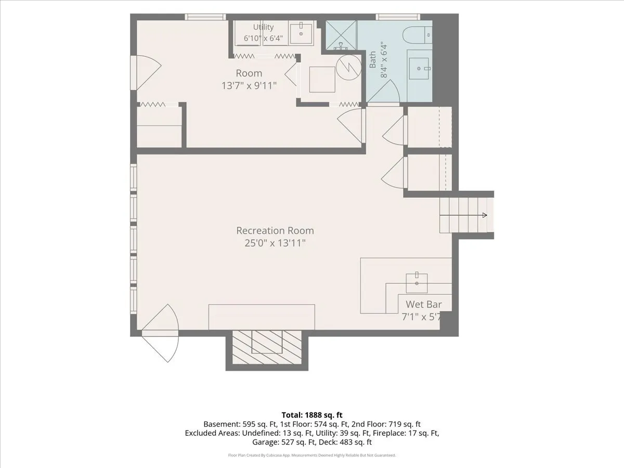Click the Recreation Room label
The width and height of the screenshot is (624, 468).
(275, 230)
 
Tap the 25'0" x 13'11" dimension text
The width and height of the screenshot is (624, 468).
(275, 243)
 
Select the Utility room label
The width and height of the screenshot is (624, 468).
(263, 27)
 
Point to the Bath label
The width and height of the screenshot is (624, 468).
(372, 60)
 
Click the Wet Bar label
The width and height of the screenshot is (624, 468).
(424, 304)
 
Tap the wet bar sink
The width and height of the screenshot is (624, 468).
(417, 283)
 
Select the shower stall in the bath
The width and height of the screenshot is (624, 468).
(341, 35)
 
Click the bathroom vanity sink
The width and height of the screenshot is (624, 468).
(419, 69)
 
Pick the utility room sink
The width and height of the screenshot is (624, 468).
(301, 33)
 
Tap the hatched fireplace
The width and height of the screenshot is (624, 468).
(267, 347)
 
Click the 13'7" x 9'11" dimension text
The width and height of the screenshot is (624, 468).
(249, 85)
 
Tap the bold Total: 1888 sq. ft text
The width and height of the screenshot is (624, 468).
(312, 415)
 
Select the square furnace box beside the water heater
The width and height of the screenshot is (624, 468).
(322, 80)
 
